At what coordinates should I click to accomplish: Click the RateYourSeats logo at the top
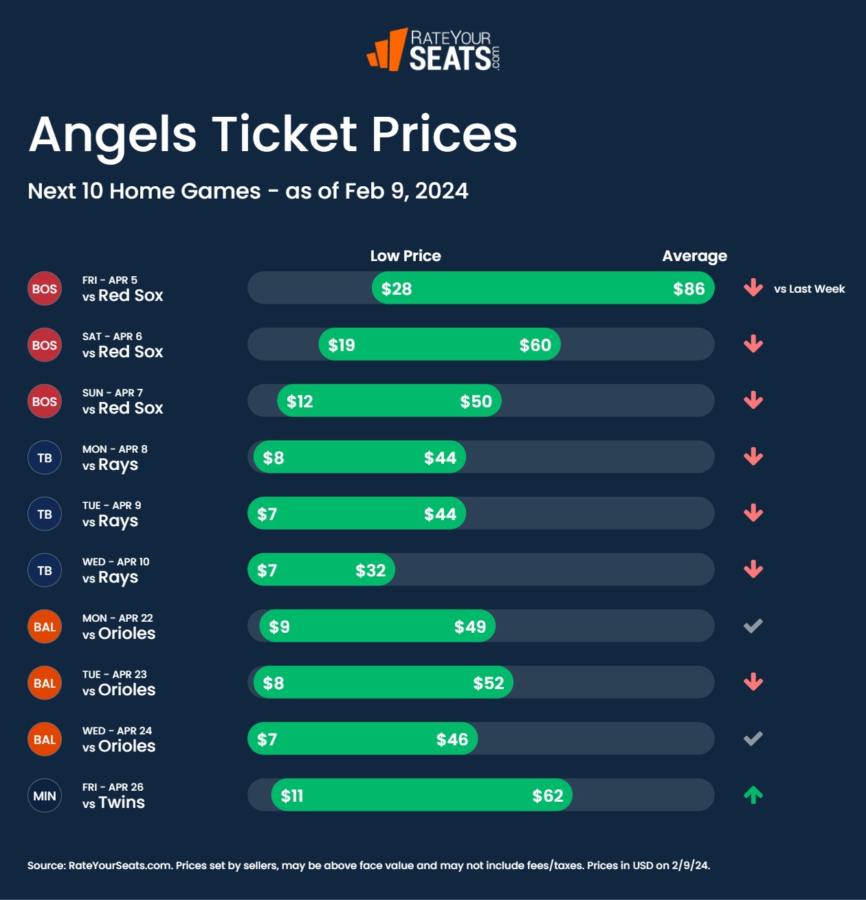pyautogui.click(x=434, y=49)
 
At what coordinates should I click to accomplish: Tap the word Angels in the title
pyautogui.click(x=113, y=135)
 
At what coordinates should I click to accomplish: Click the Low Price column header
pyautogui.click(x=406, y=256)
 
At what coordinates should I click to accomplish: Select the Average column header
pyautogui.click(x=694, y=256)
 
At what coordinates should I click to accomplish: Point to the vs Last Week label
pyautogui.click(x=809, y=289)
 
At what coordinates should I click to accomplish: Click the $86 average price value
pyautogui.click(x=689, y=289)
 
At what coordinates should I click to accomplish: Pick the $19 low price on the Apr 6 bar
pyautogui.click(x=342, y=345)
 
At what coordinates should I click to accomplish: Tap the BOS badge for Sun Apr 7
pyautogui.click(x=45, y=401)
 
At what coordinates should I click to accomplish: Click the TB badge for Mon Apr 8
pyautogui.click(x=45, y=458)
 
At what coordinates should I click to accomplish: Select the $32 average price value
pyautogui.click(x=370, y=570)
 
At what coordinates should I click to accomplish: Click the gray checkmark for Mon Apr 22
pyautogui.click(x=753, y=626)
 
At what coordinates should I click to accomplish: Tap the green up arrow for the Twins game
pyautogui.click(x=753, y=795)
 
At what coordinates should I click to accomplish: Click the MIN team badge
pyautogui.click(x=45, y=796)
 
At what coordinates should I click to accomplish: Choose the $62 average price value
pyautogui.click(x=548, y=796)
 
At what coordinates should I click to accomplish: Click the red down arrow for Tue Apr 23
pyautogui.click(x=753, y=682)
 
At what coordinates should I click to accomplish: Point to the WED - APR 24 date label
pyautogui.click(x=117, y=730)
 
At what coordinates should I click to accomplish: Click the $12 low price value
pyautogui.click(x=300, y=401)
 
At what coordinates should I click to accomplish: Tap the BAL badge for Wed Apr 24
pyautogui.click(x=45, y=739)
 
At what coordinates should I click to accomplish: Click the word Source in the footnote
pyautogui.click(x=45, y=865)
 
